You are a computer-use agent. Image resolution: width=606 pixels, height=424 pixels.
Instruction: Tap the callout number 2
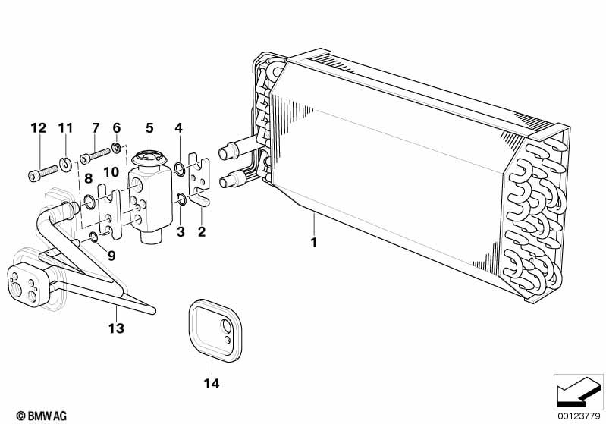[201, 232]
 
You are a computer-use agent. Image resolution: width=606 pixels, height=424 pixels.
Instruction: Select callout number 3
[181, 232]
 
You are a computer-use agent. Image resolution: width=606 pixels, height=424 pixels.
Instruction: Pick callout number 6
[116, 127]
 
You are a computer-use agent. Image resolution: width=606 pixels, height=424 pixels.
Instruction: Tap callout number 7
[96, 127]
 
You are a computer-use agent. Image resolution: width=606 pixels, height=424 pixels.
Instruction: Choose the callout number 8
[88, 180]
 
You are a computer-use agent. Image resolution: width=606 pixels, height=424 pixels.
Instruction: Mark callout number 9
[111, 256]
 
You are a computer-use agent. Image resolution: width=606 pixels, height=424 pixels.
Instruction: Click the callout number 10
[111, 172]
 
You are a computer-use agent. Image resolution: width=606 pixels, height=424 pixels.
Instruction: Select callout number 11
[64, 127]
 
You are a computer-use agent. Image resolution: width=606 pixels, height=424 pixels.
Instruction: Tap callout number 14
[212, 384]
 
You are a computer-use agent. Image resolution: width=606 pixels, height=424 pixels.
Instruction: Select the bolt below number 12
[44, 171]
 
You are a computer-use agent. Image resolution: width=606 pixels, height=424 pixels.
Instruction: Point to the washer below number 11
[68, 161]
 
